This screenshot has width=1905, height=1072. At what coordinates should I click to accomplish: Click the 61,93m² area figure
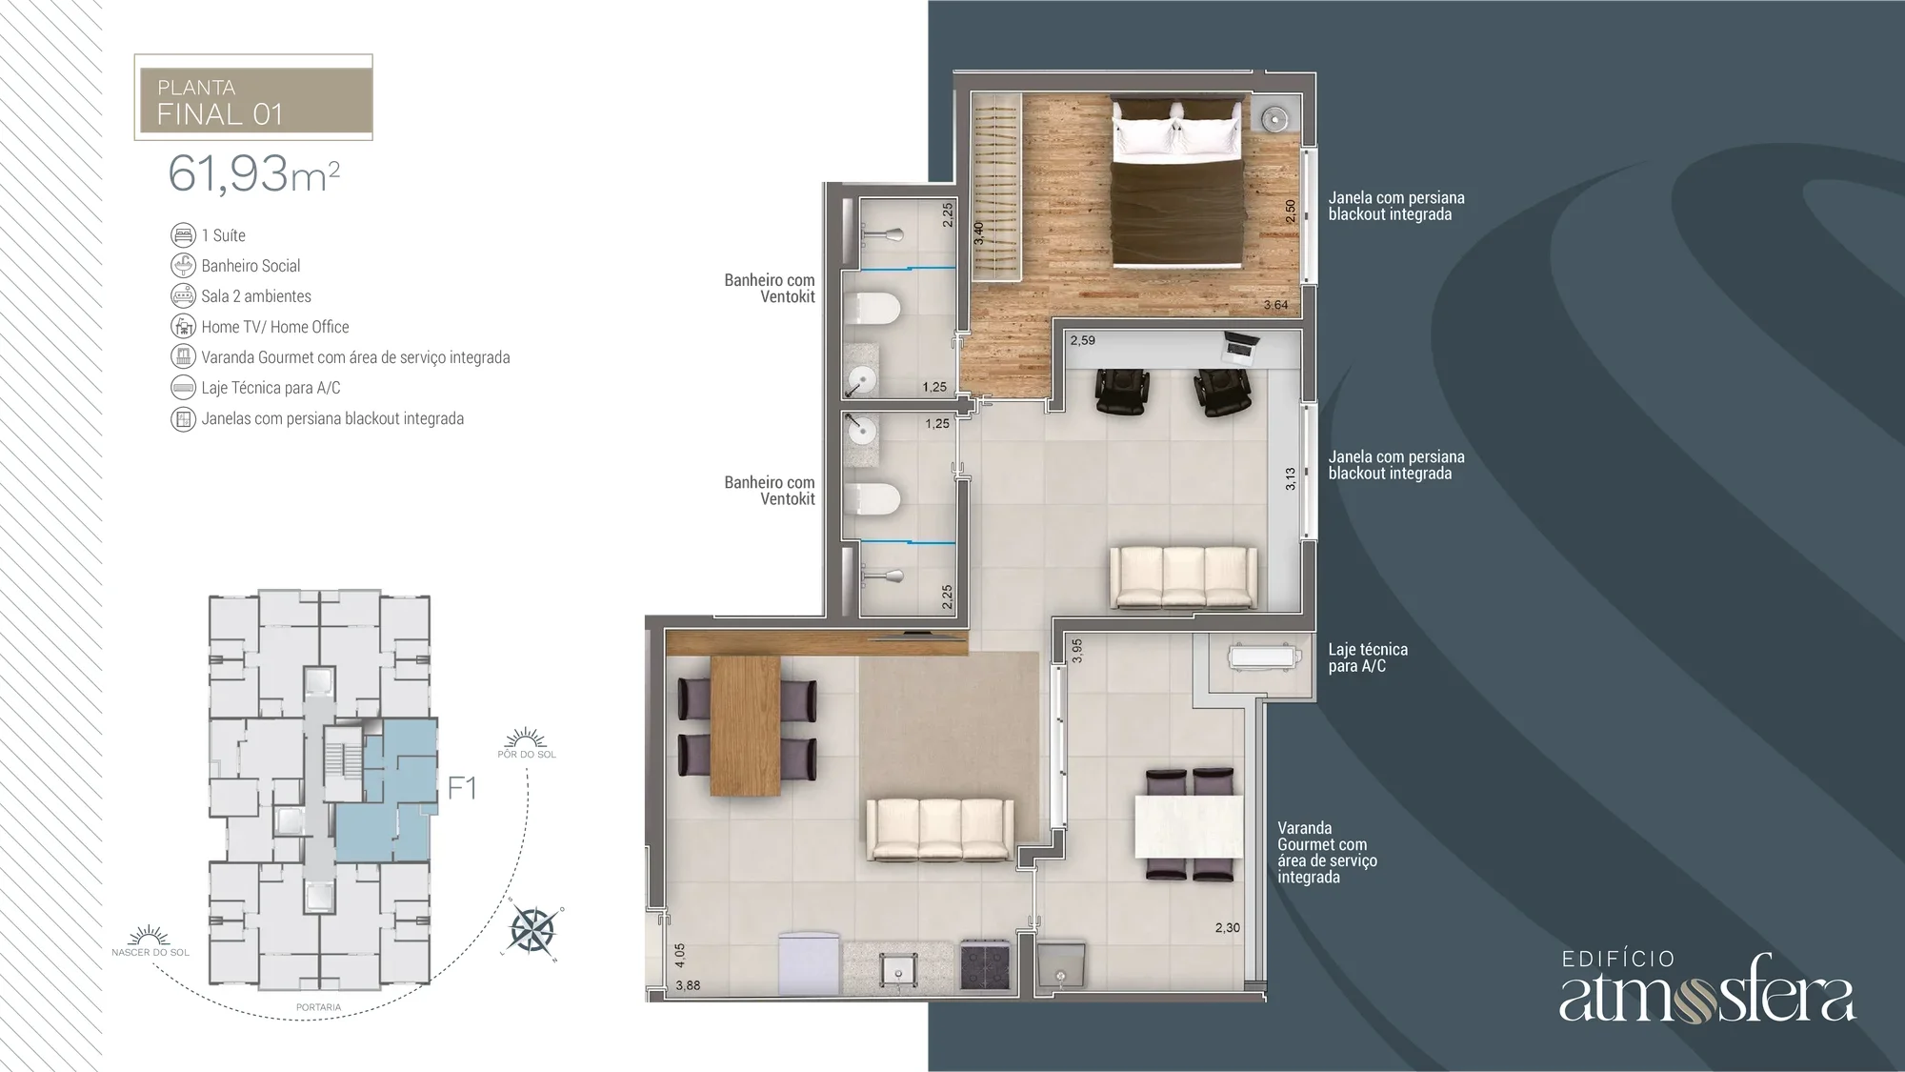pos(253,173)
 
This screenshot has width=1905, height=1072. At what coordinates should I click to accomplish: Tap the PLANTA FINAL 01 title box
pos(253,97)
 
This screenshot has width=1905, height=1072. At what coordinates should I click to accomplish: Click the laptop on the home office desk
pos(1238,346)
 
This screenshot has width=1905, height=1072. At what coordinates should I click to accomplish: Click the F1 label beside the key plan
pos(462,788)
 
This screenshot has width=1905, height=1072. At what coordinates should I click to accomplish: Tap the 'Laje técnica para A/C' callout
pos(1368,657)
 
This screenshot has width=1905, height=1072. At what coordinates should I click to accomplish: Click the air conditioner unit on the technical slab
pos(1261,657)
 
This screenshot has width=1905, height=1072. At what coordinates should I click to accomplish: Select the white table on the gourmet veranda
pos(1189,826)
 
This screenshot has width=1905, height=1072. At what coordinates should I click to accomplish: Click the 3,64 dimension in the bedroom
pos(1275,305)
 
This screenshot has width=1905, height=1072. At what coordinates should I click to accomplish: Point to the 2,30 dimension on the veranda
pos(1228,927)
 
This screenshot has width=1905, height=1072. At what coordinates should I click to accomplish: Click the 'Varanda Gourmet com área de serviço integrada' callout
pos(1327,853)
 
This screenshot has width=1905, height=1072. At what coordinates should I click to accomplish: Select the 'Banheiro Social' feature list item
pos(251,266)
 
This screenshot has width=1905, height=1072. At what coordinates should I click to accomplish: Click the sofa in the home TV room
pos(1183,577)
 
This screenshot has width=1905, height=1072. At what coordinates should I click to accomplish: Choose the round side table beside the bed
pos(1274,118)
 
